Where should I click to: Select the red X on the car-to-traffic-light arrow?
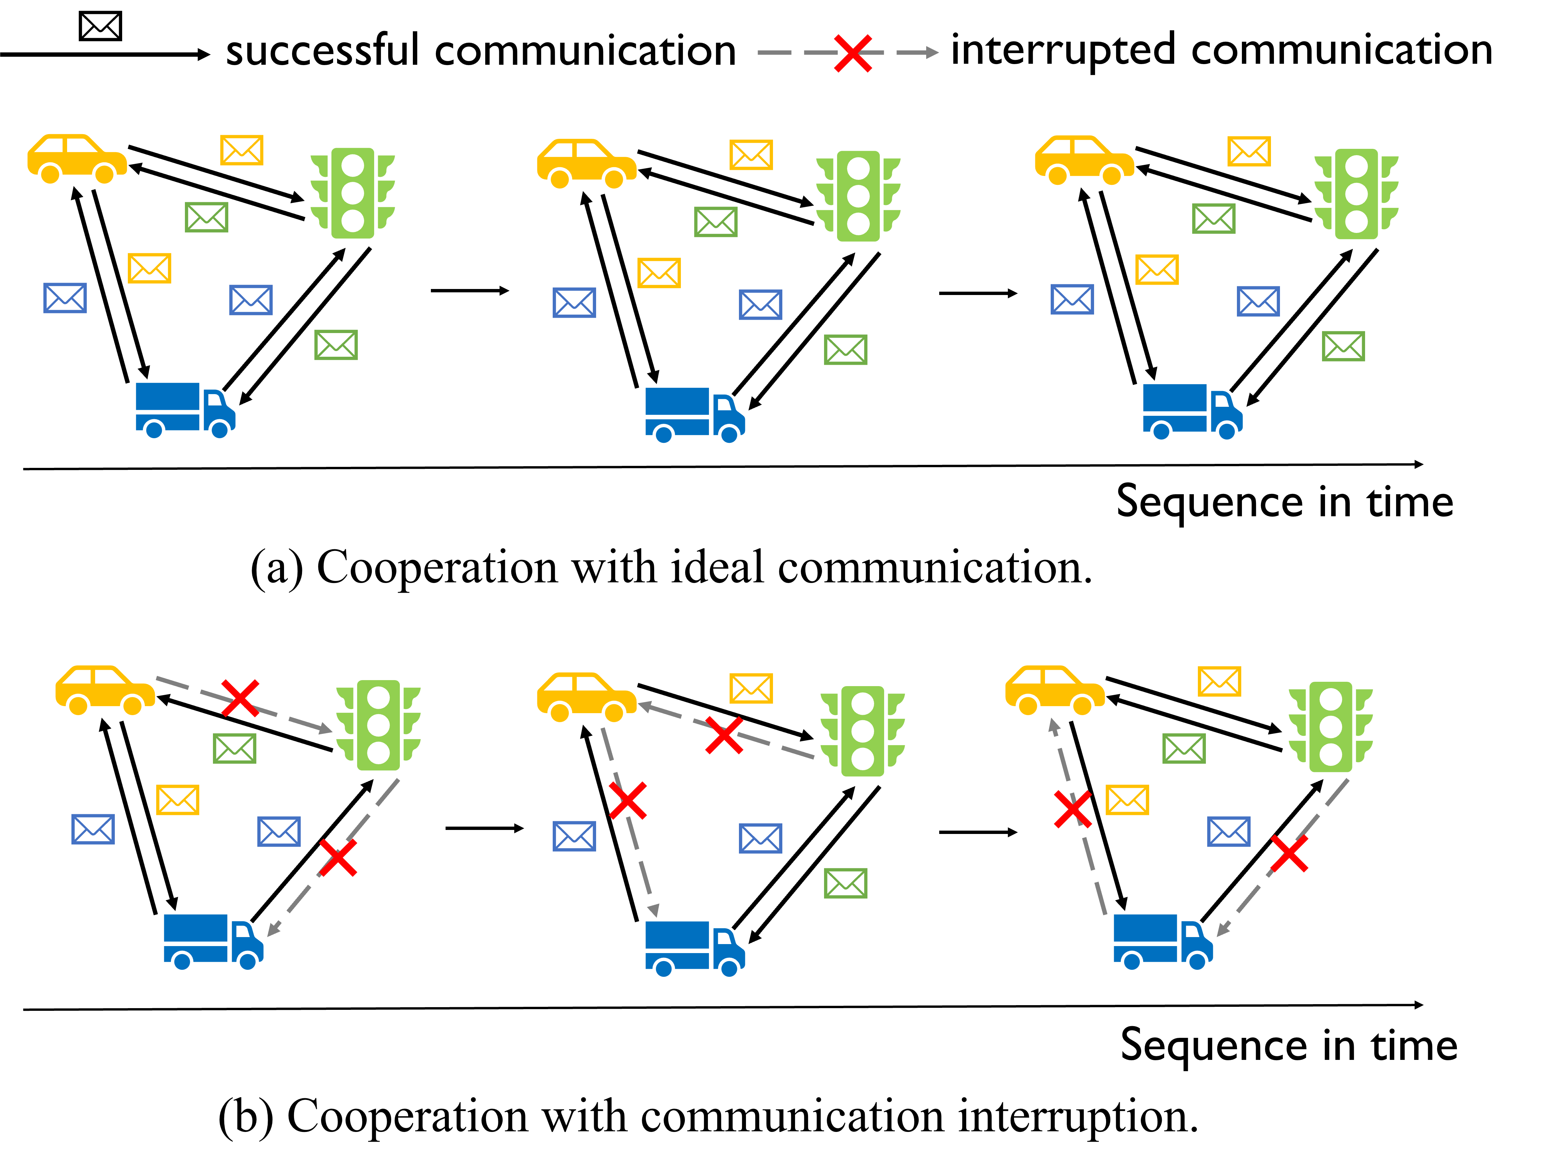(240, 698)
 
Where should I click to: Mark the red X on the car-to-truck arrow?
(627, 801)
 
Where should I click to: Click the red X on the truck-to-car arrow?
(1073, 809)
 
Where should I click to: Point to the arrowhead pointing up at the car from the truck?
(1053, 726)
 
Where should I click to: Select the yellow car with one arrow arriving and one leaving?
(586, 697)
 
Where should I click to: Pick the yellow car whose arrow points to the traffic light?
(105, 690)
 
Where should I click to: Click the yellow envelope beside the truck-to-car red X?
(1127, 800)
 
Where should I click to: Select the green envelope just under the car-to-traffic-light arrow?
(234, 748)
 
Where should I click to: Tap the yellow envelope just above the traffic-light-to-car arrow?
(751, 688)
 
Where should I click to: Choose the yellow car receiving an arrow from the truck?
(1054, 690)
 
